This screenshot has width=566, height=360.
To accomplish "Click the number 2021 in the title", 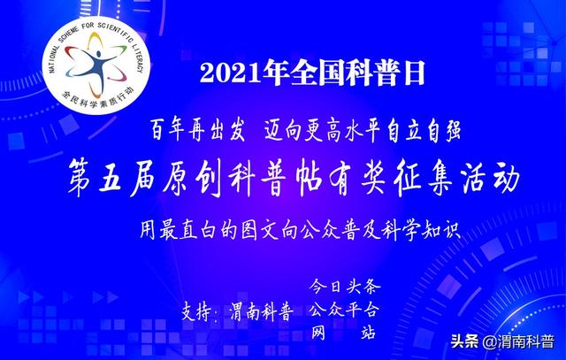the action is pos(230,73).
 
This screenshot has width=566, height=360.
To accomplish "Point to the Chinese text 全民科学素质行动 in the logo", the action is pos(97,99).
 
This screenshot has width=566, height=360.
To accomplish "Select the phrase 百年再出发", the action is pos(197,130).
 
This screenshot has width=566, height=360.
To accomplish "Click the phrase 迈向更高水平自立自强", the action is pos(363,130).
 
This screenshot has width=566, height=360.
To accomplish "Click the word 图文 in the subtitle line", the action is pos(260,230).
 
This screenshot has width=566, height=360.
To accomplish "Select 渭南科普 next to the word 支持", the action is pos(262,311).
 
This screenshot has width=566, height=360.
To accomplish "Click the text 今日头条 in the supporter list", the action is pos(344,286).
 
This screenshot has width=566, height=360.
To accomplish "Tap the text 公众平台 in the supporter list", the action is pos(344,310).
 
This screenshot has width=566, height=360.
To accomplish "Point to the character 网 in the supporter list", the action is pos(318,333).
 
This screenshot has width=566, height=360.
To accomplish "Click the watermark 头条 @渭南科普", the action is pos(502,341).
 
